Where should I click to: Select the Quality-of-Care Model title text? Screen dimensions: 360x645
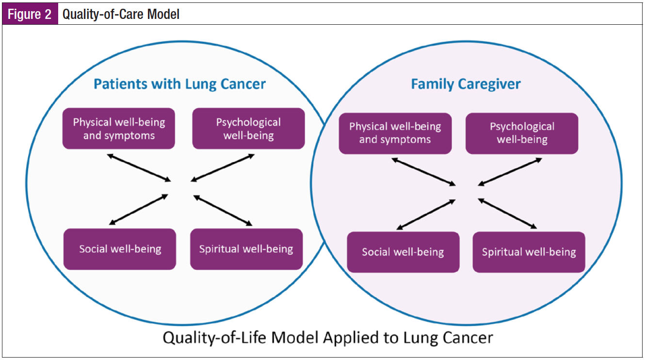tap(121, 15)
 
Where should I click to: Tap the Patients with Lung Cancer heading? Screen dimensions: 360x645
tap(179, 84)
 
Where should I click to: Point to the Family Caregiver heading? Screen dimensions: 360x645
tap(466, 84)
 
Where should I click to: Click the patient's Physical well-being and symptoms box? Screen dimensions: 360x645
tap(119, 128)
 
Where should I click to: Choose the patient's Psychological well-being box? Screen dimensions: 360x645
tap(248, 128)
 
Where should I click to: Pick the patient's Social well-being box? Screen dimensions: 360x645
tap(120, 249)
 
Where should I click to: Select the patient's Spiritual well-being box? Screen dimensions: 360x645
tap(246, 249)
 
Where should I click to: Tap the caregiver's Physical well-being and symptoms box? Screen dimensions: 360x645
tap(395, 133)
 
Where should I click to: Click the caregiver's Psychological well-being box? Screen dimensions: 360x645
tap(522, 133)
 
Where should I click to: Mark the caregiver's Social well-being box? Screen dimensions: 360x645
tap(403, 252)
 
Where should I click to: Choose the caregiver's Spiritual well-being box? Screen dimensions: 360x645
tap(529, 252)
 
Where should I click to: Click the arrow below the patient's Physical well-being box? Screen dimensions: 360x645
tap(139, 167)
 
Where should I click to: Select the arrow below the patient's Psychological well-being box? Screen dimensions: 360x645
tap(223, 168)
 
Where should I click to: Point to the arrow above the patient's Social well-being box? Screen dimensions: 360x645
tap(139, 210)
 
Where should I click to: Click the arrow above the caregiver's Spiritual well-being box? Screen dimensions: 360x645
tap(507, 213)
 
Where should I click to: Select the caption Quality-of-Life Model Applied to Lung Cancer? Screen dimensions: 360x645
tap(327, 337)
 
